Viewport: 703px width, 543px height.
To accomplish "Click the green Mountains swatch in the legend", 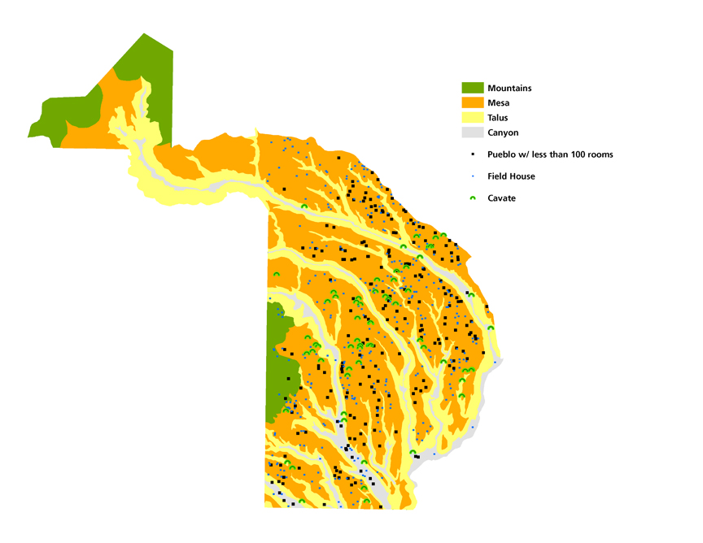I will pyautogui.click(x=473, y=88).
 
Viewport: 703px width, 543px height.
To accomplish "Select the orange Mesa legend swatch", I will pyautogui.click(x=473, y=103).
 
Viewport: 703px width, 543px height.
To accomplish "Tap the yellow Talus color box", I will pyautogui.click(x=473, y=118).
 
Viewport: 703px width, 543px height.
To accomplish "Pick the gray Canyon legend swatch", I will pyautogui.click(x=473, y=132).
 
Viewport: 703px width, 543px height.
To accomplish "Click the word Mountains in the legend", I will pyautogui.click(x=509, y=88).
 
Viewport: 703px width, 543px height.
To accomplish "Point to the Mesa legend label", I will pyautogui.click(x=498, y=103).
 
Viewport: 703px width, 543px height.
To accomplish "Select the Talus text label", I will pyautogui.click(x=498, y=118).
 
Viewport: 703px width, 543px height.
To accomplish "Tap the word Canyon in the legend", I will pyautogui.click(x=503, y=132).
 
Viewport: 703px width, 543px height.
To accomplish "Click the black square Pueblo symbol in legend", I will pyautogui.click(x=473, y=154).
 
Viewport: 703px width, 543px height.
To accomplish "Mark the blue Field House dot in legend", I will pyautogui.click(x=473, y=176).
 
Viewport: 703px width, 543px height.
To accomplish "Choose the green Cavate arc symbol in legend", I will pyautogui.click(x=473, y=198).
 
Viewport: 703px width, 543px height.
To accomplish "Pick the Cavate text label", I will pyautogui.click(x=502, y=198).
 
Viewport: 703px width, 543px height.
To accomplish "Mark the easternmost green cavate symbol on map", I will pyautogui.click(x=491, y=328).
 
